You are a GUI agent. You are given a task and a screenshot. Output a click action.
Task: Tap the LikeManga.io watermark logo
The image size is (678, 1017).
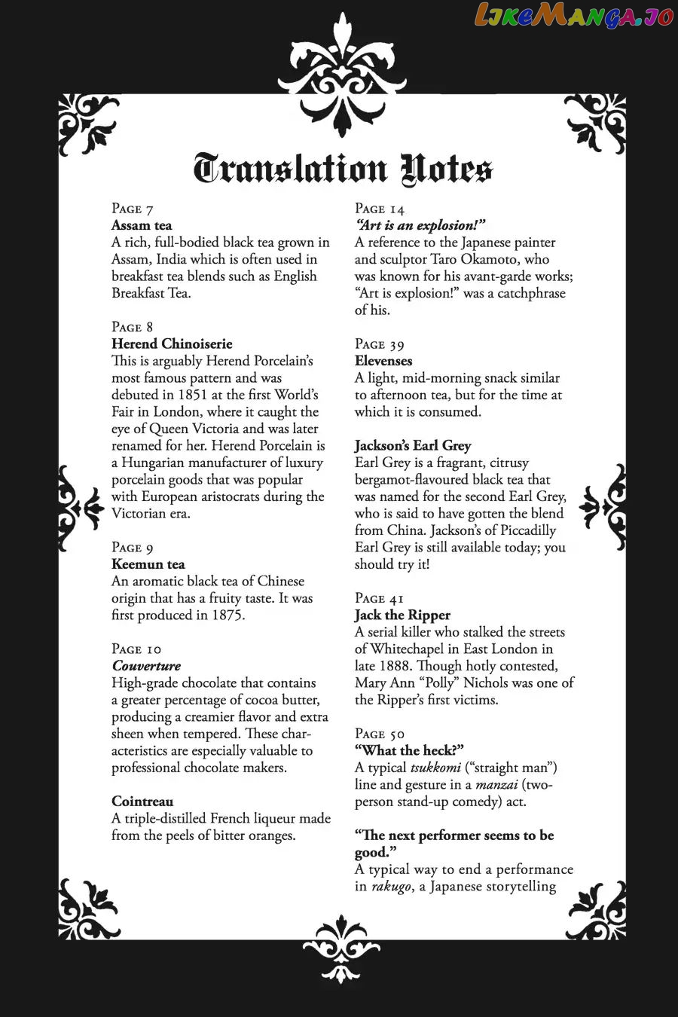tap(573, 16)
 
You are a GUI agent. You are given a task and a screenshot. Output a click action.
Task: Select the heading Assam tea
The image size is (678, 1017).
tap(142, 225)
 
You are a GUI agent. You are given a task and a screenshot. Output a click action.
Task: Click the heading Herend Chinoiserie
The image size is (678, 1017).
tap(172, 344)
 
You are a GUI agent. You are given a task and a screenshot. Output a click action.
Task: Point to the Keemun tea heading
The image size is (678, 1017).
tap(148, 564)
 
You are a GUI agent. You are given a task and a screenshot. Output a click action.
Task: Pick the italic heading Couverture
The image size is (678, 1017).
tap(146, 666)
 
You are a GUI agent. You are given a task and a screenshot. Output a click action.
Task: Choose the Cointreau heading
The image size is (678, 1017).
tap(142, 802)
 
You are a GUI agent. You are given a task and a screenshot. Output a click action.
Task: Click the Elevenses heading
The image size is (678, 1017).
tap(383, 361)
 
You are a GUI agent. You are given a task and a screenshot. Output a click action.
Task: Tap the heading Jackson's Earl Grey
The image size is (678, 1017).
tap(413, 445)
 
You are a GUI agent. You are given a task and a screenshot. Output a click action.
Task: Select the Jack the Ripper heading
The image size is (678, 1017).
tap(402, 615)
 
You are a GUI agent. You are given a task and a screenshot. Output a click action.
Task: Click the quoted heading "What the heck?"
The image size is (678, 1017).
tap(409, 750)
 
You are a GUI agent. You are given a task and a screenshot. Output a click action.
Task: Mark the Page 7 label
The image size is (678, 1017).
tap(133, 209)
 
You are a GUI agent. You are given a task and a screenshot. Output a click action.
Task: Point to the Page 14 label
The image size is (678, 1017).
tap(380, 209)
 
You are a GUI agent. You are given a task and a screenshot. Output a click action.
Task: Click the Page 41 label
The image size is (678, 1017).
tap(380, 598)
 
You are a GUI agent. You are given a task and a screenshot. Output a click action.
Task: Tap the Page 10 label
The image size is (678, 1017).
tap(136, 649)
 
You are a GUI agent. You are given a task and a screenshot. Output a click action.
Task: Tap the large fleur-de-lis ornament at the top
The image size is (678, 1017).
tap(341, 75)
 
